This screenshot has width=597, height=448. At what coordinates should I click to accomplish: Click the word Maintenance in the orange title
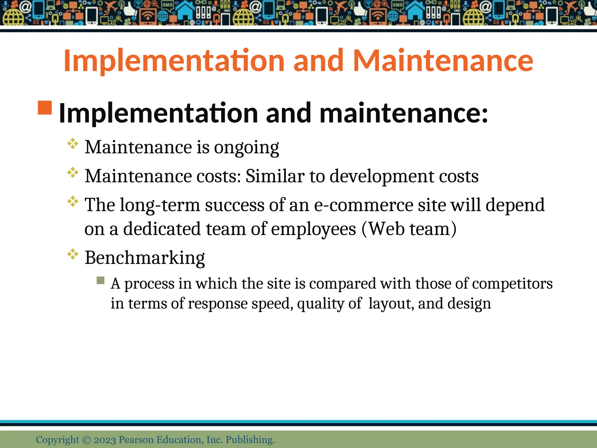click(443, 60)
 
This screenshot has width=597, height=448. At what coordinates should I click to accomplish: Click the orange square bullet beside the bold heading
click(45, 108)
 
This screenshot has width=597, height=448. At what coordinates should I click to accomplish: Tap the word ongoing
click(247, 147)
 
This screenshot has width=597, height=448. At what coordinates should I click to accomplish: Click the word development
click(382, 176)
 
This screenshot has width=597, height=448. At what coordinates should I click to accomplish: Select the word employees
click(313, 229)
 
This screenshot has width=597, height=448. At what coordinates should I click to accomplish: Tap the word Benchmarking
click(145, 258)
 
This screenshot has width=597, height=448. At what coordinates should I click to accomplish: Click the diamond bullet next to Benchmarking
click(73, 254)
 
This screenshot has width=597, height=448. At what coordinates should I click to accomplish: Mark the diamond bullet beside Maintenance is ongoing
click(73, 144)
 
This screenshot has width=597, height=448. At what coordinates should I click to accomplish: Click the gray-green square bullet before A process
click(101, 280)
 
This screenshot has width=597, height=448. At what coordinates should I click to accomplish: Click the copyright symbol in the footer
click(87, 440)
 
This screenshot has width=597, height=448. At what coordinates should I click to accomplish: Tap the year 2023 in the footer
click(105, 440)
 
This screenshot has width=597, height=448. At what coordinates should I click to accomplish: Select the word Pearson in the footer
click(136, 440)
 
